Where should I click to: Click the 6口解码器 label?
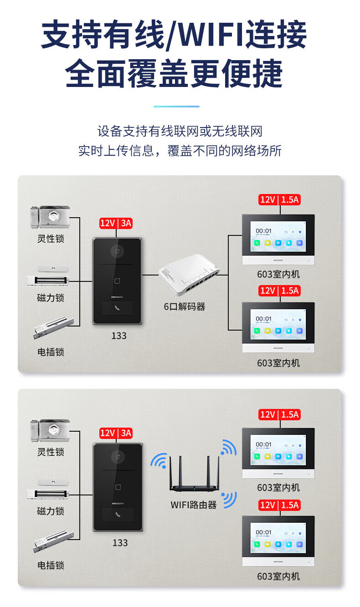pyautogui.click(x=185, y=306)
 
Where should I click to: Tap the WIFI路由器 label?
pyautogui.click(x=194, y=505)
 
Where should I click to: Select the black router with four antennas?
pyautogui.click(x=194, y=476)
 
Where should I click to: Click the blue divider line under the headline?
pyautogui.click(x=176, y=107)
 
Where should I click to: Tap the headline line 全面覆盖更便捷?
pyautogui.click(x=174, y=73)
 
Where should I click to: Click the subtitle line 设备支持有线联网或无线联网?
pyautogui.click(x=180, y=132)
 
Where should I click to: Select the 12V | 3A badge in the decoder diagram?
pyautogui.click(x=116, y=223)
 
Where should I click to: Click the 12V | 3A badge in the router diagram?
pyautogui.click(x=116, y=433)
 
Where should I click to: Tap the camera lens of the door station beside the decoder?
pyautogui.click(x=118, y=251)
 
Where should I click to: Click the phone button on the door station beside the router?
pyautogui.click(x=118, y=515)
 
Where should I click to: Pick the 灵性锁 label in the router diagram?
pyautogui.click(x=51, y=452)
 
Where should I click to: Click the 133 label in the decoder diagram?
pyautogui.click(x=119, y=336)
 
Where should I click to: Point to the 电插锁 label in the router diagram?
pyautogui.click(x=51, y=565)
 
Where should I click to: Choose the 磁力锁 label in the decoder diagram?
pyautogui.click(x=51, y=298)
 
